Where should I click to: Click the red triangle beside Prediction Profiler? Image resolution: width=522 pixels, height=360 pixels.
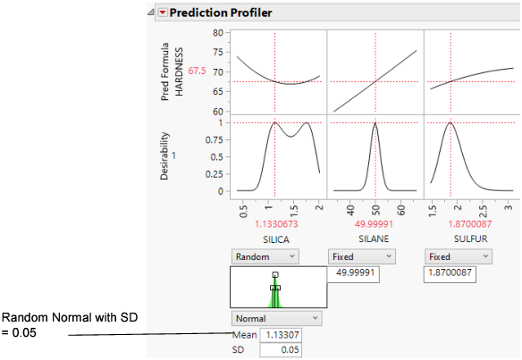tap(162, 13)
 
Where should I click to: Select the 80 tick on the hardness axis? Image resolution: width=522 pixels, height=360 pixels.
tap(215, 32)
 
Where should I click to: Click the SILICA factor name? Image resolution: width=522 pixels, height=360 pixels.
tap(276, 239)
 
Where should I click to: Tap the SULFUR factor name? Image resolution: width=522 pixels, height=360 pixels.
tap(468, 239)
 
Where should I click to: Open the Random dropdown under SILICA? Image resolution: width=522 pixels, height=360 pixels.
tap(265, 255)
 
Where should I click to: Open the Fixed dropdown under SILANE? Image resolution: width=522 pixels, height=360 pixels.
tap(361, 255)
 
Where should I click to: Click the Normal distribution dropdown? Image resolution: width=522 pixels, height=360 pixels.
tap(276, 318)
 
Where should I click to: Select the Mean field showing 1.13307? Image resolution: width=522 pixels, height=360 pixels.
tap(281, 335)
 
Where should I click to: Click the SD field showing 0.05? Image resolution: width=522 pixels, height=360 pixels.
tap(281, 350)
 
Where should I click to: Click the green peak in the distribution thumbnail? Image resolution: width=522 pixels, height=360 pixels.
tap(275, 288)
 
